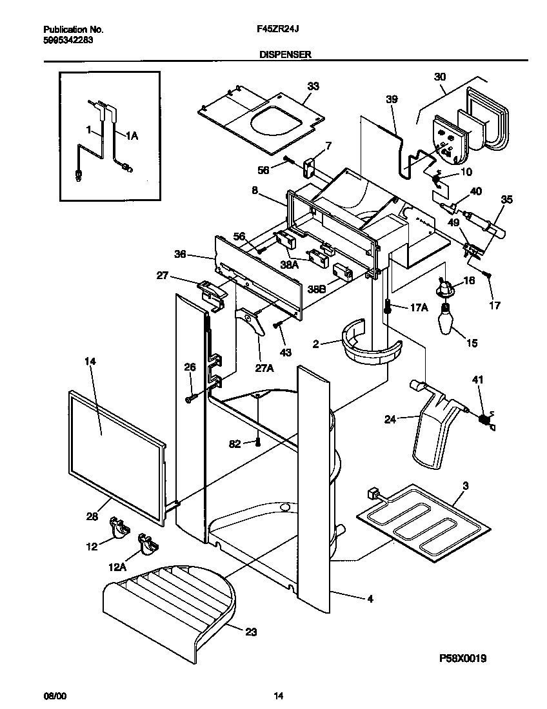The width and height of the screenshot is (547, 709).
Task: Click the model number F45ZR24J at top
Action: pyautogui.click(x=278, y=30)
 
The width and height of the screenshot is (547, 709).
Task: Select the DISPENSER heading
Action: pyautogui.click(x=285, y=55)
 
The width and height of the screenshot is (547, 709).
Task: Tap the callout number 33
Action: pyautogui.click(x=313, y=86)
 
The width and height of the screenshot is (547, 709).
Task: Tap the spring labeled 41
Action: pyautogui.click(x=482, y=420)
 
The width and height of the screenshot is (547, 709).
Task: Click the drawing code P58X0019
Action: pyautogui.click(x=462, y=658)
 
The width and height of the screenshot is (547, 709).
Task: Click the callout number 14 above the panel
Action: pyautogui.click(x=90, y=362)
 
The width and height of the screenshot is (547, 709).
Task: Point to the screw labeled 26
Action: pyautogui.click(x=189, y=400)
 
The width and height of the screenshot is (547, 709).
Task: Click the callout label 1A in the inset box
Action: pyautogui.click(x=132, y=136)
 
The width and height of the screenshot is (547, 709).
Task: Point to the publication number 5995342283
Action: pyautogui.click(x=68, y=40)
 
